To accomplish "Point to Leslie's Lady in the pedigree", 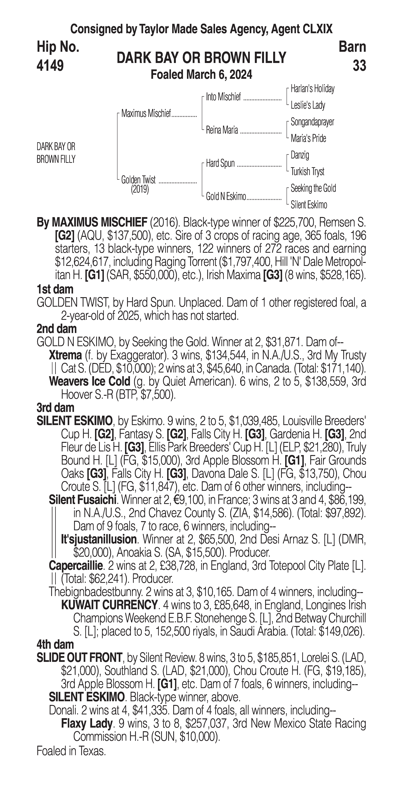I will (308, 105).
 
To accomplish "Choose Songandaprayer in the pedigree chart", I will (312, 122).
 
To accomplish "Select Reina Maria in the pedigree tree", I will (222, 130).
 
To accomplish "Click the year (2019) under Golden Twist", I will (140, 189).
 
